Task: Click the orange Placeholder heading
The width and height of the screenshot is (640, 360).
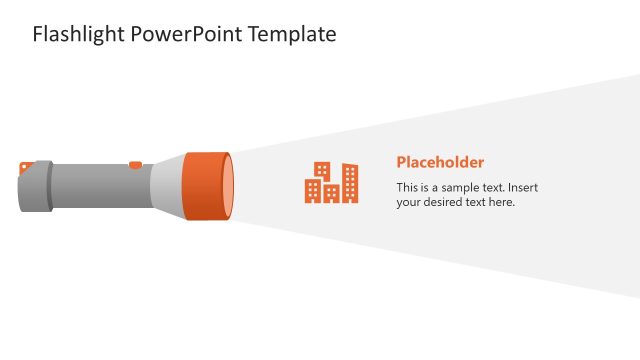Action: [x=440, y=162]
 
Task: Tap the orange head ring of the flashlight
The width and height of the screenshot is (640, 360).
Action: [x=204, y=187]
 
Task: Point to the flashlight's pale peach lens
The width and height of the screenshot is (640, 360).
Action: [x=229, y=187]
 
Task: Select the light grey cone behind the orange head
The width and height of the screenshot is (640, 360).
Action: [x=168, y=187]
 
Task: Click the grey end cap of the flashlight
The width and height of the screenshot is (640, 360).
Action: [x=33, y=188]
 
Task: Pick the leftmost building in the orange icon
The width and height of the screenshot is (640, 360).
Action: [x=313, y=190]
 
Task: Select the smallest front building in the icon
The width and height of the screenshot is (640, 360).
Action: [x=330, y=193]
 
